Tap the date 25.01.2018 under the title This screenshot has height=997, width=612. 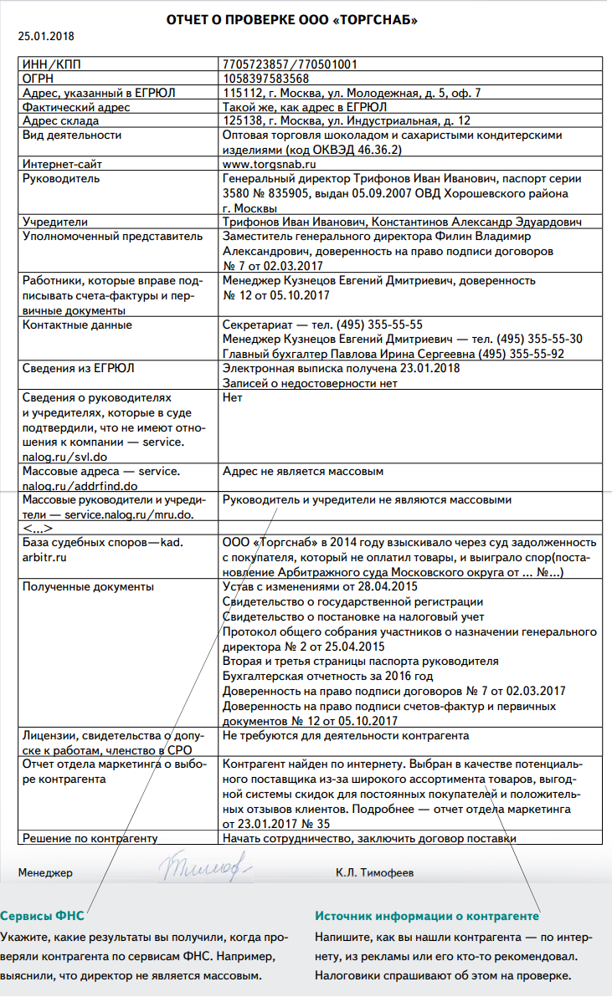pos(46,36)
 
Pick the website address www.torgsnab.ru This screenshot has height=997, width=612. pos(270,165)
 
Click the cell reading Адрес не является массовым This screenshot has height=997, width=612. pos(303,472)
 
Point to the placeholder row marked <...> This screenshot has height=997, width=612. pos(39,529)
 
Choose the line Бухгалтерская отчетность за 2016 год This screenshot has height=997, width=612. pos(328,676)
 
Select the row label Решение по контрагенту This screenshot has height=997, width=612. pos(90,838)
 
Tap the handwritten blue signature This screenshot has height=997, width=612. pos(205,868)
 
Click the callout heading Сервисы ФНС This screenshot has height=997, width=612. pos(42,915)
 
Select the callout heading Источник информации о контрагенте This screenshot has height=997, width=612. pos(426,915)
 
